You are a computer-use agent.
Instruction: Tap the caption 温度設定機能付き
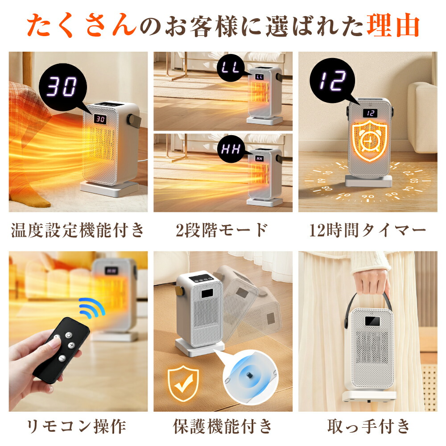tap(78, 231)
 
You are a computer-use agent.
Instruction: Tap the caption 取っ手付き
tap(368, 426)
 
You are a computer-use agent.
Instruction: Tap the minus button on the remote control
tap(61, 358)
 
